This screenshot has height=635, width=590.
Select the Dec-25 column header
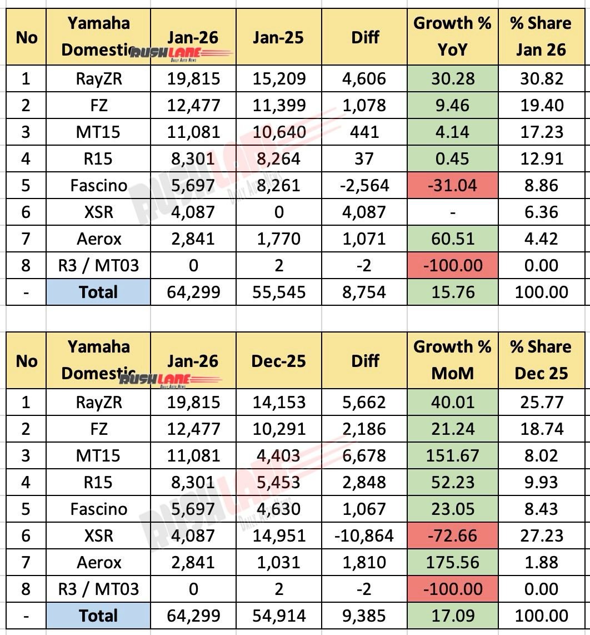[279, 360]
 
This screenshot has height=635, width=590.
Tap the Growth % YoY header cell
[452, 37]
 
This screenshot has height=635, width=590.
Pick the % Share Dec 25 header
[541, 360]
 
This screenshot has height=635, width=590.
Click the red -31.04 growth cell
[452, 186]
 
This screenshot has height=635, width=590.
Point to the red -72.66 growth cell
[452, 536]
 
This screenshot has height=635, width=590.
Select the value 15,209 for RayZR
[279, 79]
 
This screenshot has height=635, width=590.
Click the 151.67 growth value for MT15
[452, 456]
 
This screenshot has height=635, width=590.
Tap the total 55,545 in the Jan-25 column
[279, 292]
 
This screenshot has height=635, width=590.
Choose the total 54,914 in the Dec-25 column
[279, 616]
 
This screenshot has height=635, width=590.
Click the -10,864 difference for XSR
[364, 536]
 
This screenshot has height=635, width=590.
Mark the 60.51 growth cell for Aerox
[452, 239]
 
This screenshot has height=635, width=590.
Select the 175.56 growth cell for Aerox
[452, 563]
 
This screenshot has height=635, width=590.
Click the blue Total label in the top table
[99, 292]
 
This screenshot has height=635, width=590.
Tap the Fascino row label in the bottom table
[99, 509]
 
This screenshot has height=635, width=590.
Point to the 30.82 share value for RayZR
[541, 79]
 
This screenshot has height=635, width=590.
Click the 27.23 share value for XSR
[541, 536]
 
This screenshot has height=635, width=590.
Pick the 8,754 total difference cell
[364, 292]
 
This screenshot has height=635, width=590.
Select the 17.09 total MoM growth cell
[452, 616]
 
